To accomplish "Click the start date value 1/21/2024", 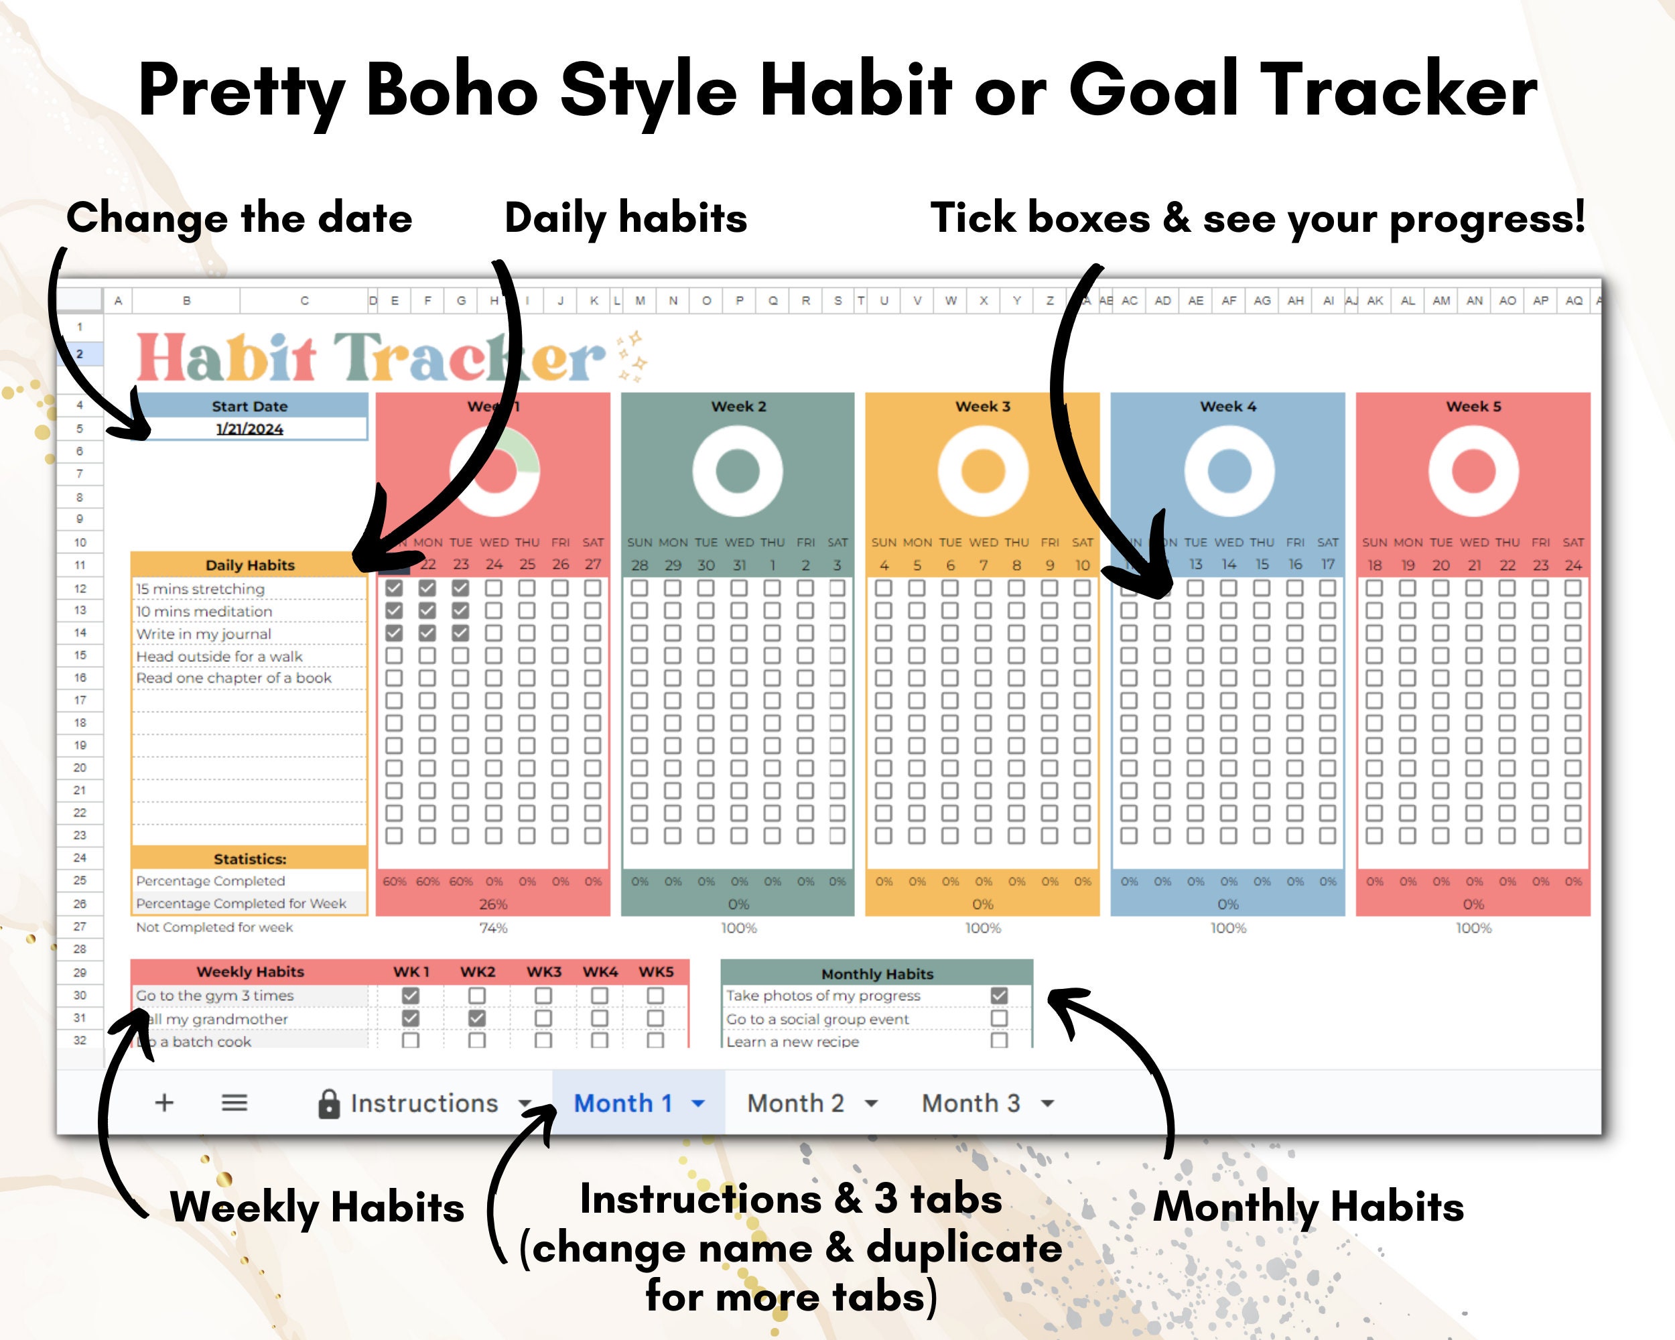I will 249,429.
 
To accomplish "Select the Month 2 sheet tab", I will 795,1103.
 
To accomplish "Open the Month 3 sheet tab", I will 970,1103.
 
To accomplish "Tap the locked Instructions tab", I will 423,1103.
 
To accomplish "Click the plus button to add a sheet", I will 164,1102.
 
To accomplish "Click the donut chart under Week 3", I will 983,471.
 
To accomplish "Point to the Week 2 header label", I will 738,406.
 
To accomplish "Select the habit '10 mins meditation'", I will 204,611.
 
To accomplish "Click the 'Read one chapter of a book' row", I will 234,678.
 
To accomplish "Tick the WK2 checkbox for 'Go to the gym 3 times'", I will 477,995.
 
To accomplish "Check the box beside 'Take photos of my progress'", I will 999,995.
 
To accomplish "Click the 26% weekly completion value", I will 493,904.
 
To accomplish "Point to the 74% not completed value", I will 493,927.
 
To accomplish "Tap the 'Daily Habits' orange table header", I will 249,565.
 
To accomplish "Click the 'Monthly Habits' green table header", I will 877,974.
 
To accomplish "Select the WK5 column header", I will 656,972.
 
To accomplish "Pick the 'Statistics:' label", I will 249,858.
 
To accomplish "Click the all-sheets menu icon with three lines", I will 234,1102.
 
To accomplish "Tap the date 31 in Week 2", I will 739,565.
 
